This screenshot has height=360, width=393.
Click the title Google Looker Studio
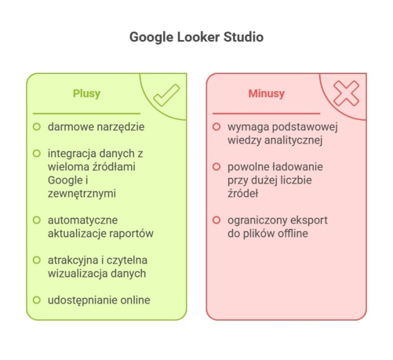(x=196, y=37)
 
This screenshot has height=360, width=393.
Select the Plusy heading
(x=86, y=94)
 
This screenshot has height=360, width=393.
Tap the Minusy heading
(x=267, y=94)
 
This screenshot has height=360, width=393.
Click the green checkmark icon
(x=166, y=96)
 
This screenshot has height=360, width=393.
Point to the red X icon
(x=346, y=94)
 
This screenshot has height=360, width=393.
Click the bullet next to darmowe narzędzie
(x=37, y=126)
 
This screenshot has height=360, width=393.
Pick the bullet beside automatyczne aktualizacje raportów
(x=37, y=220)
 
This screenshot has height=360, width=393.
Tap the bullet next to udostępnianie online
(x=37, y=300)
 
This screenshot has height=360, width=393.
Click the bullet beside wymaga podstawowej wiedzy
(x=216, y=126)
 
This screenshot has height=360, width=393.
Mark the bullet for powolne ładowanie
(x=216, y=167)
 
